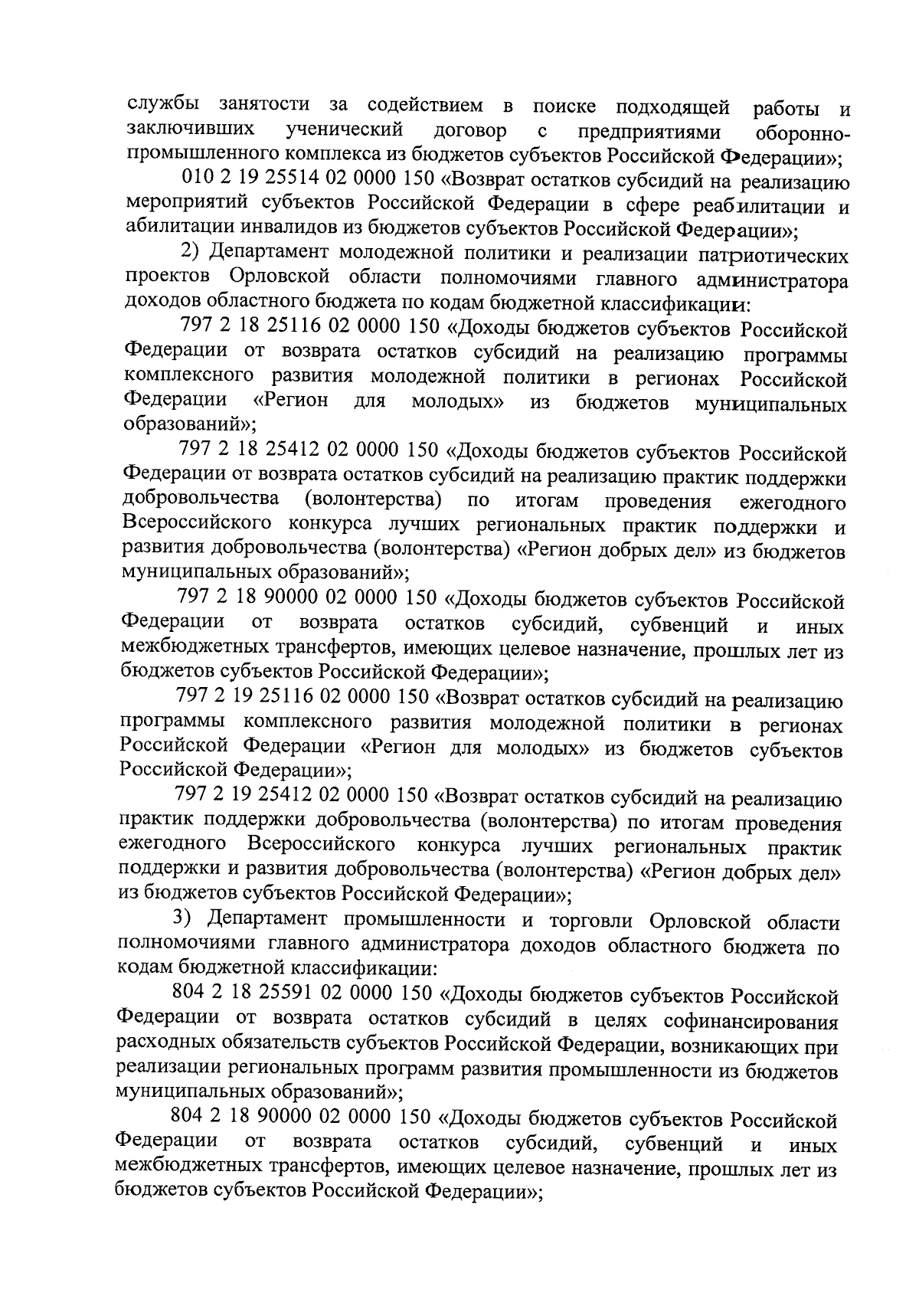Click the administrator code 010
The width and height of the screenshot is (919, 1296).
pos(196,180)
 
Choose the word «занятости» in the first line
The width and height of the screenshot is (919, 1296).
pos(265,105)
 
